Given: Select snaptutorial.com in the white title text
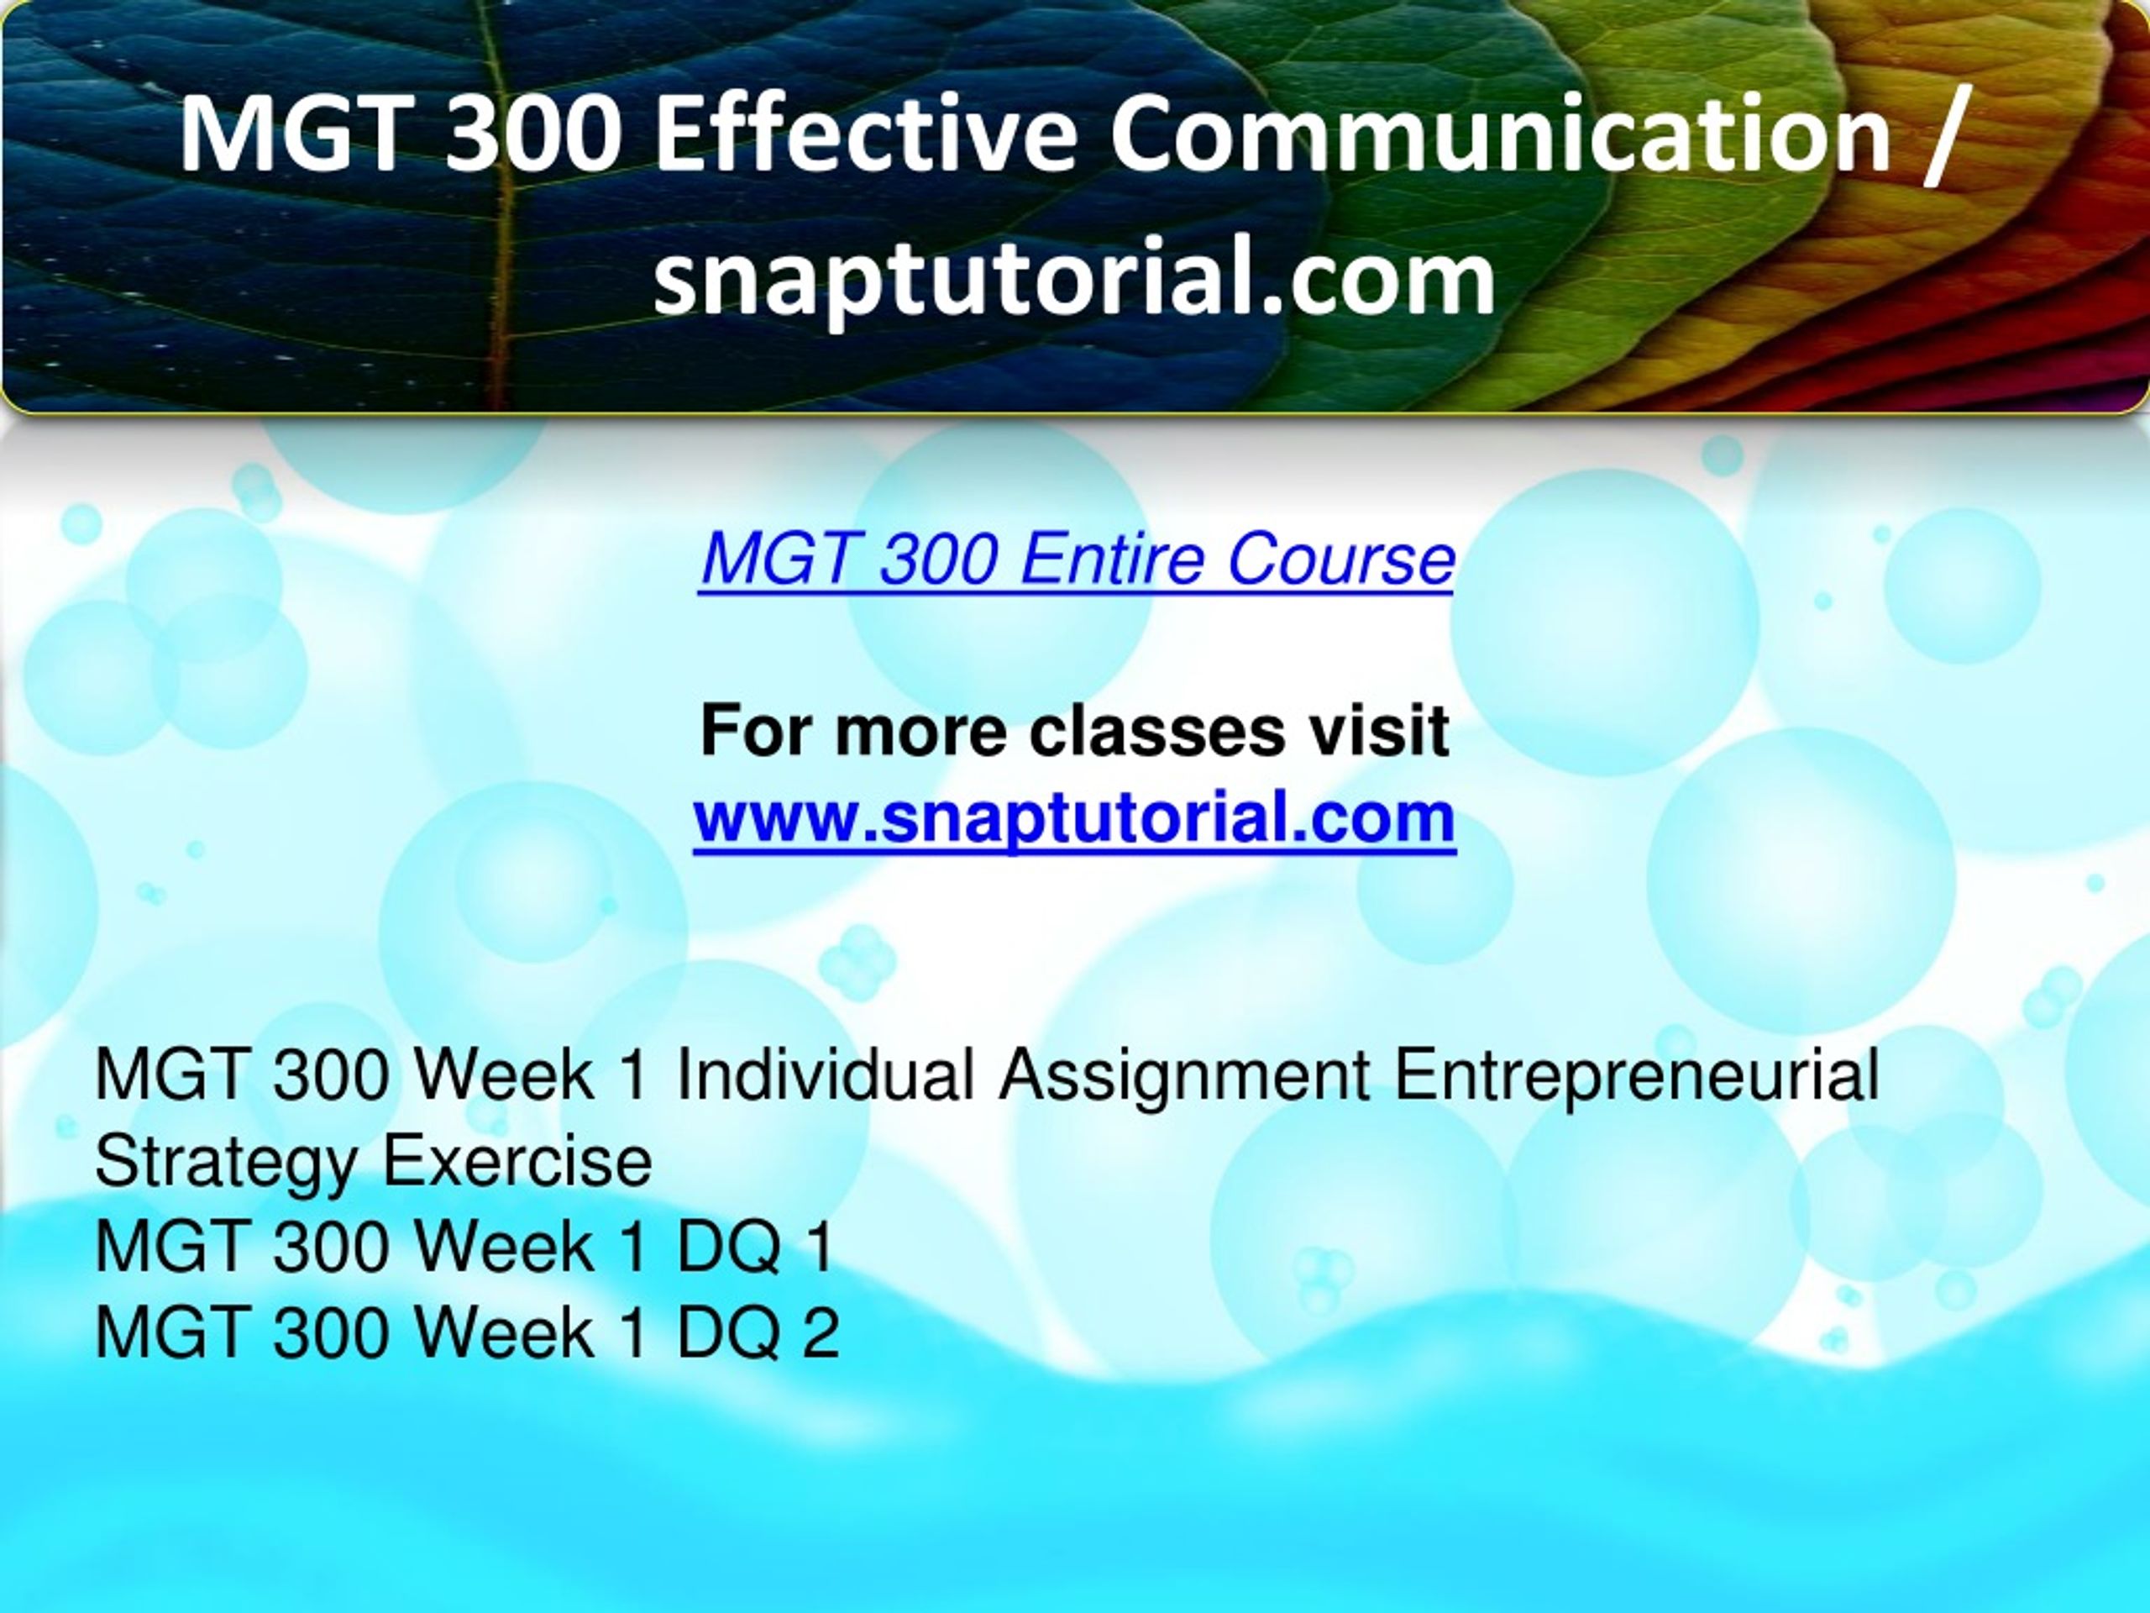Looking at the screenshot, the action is point(1074,280).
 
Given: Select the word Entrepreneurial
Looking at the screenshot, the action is point(1637,1076).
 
